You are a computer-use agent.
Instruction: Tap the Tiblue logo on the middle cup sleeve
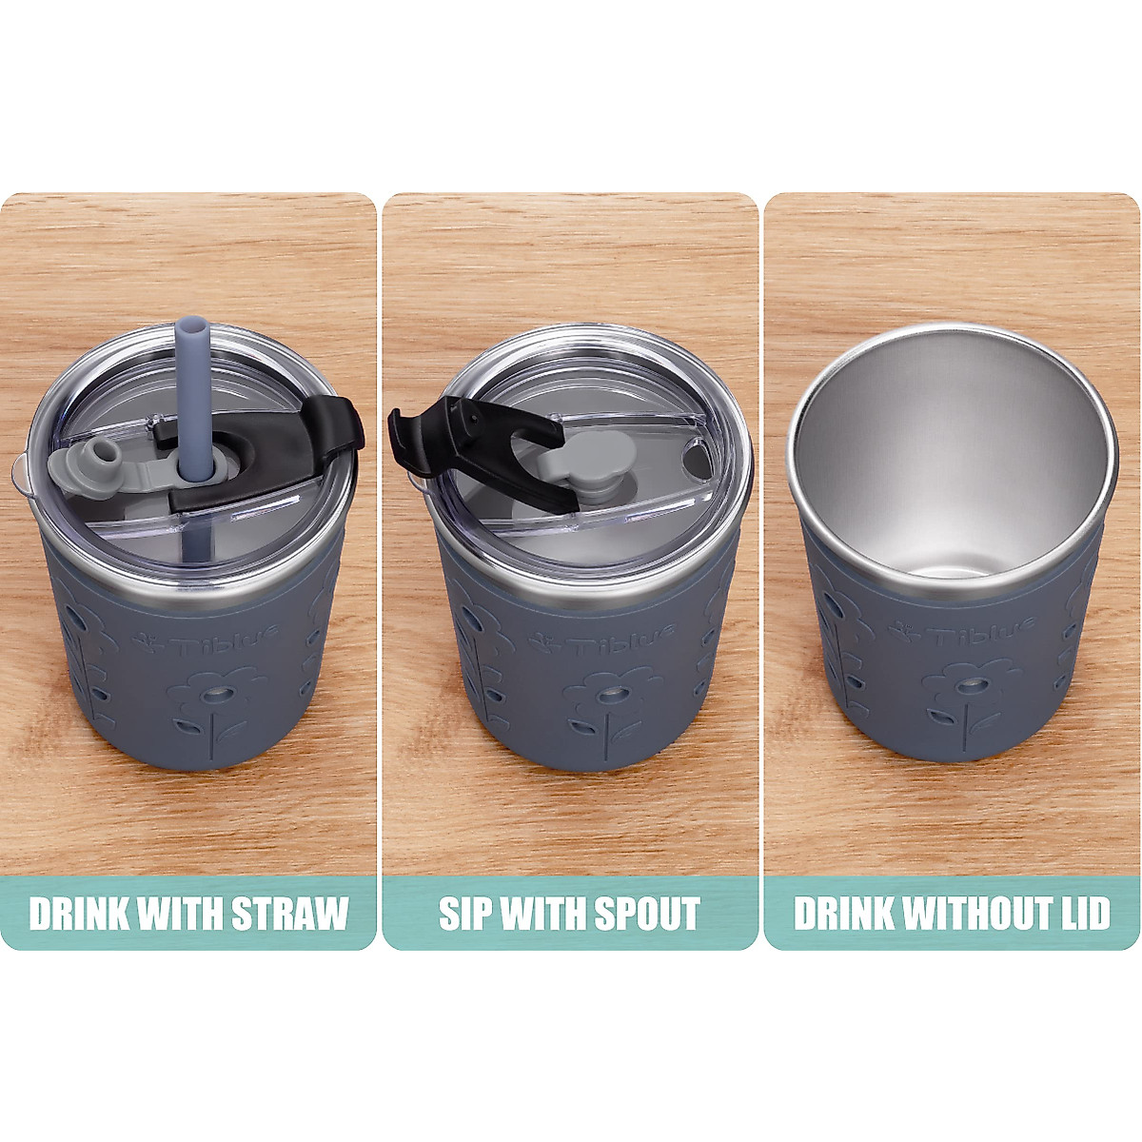[603, 641]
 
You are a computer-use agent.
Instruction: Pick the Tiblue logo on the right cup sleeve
[961, 632]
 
